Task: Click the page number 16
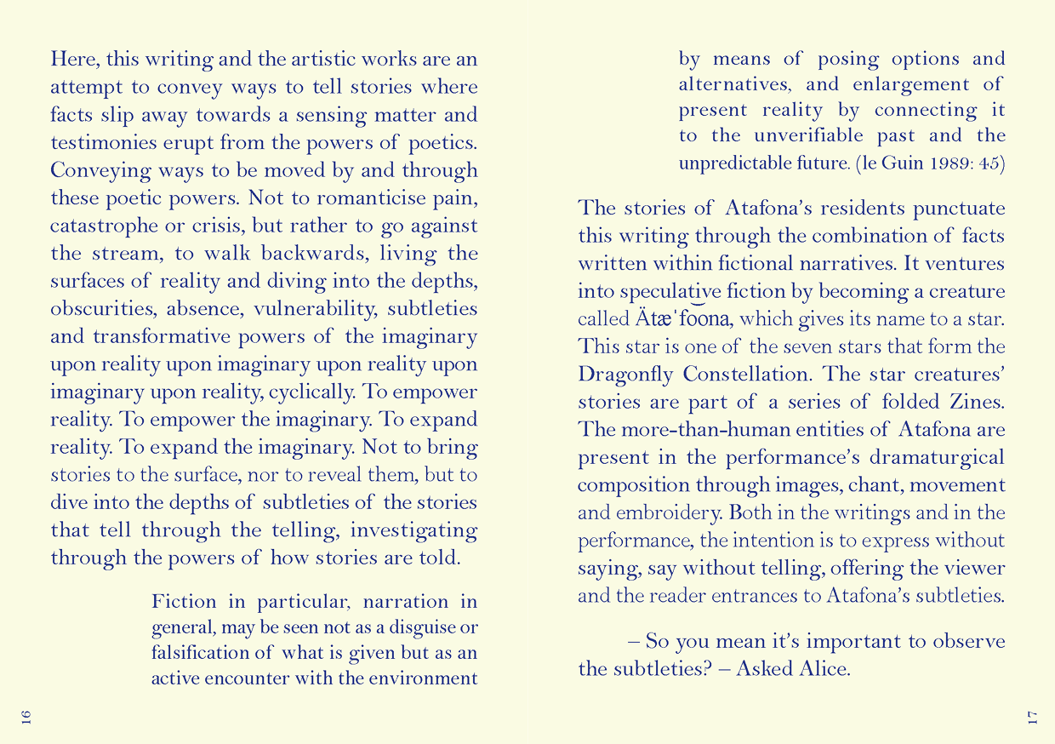pyautogui.click(x=26, y=715)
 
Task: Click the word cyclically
pyautogui.click(x=311, y=392)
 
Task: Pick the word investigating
pyautogui.click(x=413, y=530)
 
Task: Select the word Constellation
pyautogui.click(x=750, y=374)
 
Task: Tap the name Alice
pyautogui.click(x=824, y=668)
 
